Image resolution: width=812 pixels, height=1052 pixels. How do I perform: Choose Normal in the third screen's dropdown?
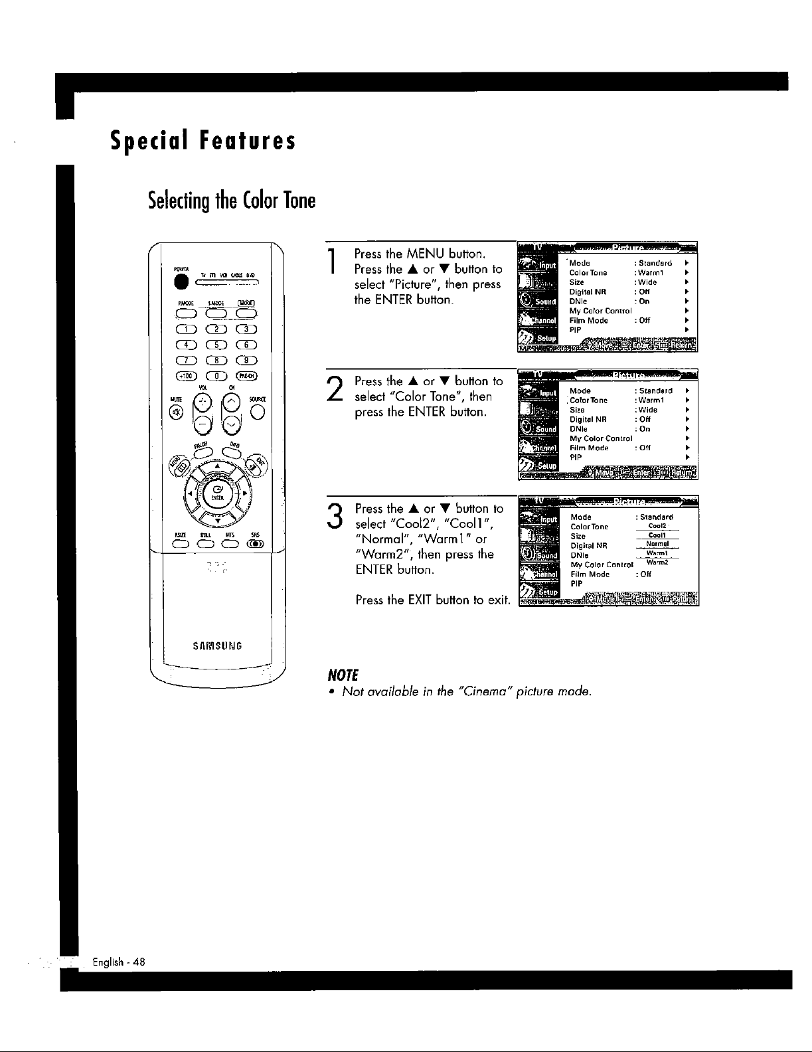[x=657, y=544]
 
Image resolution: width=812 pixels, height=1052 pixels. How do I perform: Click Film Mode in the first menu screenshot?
[x=588, y=320]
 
